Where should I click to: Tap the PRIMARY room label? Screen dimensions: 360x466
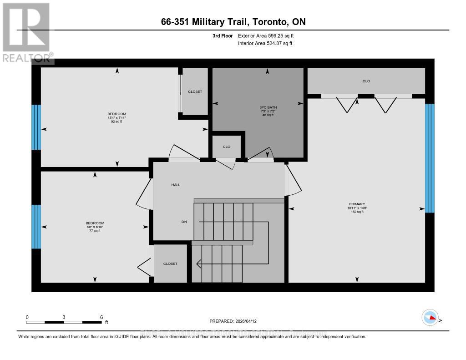click(357, 204)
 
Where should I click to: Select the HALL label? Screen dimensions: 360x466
click(176, 185)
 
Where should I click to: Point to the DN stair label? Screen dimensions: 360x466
click(184, 222)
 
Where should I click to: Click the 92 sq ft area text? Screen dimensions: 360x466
click(116, 122)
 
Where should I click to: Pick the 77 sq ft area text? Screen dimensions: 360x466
click(95, 231)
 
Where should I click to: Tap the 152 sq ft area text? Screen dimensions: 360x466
click(357, 212)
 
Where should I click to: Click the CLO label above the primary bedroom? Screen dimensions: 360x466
click(366, 81)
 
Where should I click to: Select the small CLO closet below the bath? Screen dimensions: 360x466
click(227, 147)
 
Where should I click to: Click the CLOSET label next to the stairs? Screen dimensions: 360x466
click(170, 264)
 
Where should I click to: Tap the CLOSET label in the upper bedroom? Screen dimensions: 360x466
click(195, 91)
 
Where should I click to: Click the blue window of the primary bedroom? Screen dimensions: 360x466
click(430, 158)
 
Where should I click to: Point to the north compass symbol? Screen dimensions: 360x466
click(430, 317)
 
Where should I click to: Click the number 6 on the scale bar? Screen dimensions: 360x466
click(101, 317)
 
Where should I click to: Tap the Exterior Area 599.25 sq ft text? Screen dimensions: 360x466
click(269, 35)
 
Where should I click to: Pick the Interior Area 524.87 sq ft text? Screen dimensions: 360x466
click(265, 43)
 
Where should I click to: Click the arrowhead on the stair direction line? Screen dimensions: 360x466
click(199, 263)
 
